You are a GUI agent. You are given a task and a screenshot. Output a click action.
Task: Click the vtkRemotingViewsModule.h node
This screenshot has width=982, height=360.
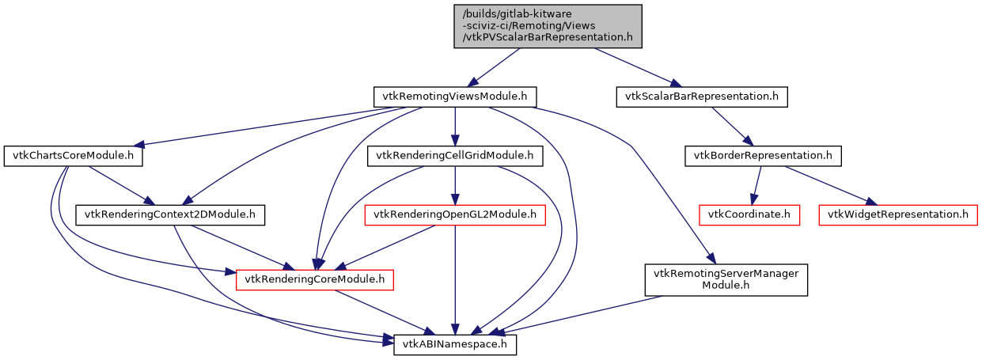(454, 97)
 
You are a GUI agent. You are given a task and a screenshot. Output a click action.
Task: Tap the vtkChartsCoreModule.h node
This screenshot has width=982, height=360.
(73, 156)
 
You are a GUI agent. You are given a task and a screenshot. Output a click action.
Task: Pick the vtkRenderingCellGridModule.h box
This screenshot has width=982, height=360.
(454, 156)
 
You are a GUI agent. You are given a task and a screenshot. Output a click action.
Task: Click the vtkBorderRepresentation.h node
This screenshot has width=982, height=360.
(762, 156)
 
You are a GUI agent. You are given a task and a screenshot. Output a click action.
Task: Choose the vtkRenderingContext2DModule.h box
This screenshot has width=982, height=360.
(170, 214)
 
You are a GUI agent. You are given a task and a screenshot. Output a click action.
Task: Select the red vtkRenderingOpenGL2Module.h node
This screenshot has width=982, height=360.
(454, 214)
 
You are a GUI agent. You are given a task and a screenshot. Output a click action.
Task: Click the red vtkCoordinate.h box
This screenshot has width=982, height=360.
(749, 214)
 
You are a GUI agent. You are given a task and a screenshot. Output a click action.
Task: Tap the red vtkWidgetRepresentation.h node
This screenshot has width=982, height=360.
(898, 214)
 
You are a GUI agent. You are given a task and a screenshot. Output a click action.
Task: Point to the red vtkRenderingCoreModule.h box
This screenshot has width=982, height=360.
(315, 279)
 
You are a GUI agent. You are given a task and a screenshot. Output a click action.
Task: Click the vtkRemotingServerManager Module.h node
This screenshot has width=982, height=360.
(726, 279)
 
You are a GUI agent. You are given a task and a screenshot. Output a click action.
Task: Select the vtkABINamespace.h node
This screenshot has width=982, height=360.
(455, 344)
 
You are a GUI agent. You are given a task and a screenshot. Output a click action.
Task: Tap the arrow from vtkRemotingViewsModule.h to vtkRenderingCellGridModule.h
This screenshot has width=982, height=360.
(454, 127)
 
